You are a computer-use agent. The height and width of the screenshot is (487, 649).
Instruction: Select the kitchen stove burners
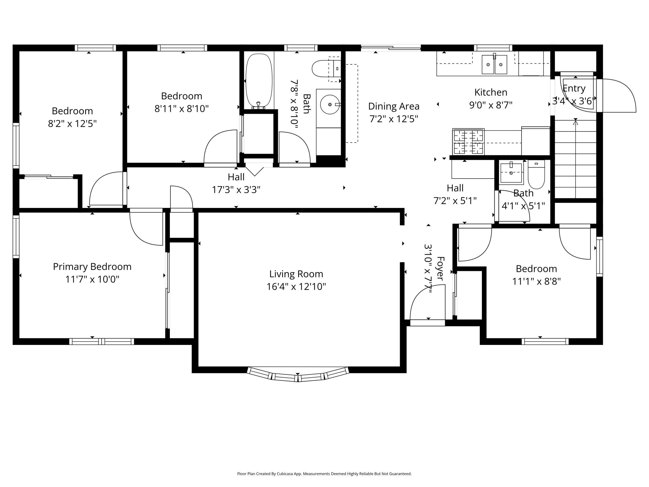click(x=468, y=142)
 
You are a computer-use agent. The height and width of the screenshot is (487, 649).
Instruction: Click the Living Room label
click(x=296, y=274)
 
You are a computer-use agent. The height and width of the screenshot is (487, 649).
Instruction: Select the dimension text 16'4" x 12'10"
click(x=296, y=287)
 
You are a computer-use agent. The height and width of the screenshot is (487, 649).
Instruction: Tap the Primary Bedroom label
click(x=92, y=267)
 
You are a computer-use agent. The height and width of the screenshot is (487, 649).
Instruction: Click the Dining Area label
click(x=394, y=106)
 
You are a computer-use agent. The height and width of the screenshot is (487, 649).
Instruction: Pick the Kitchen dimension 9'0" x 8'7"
click(x=491, y=105)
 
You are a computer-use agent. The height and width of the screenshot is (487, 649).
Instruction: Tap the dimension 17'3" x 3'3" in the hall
click(x=236, y=190)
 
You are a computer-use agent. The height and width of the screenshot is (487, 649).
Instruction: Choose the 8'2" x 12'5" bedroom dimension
click(x=72, y=124)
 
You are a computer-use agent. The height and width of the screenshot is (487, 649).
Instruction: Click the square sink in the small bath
click(x=511, y=173)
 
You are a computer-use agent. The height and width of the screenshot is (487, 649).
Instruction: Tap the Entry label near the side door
click(x=574, y=88)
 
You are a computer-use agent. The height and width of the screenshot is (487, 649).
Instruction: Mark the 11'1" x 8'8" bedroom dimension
click(x=536, y=282)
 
